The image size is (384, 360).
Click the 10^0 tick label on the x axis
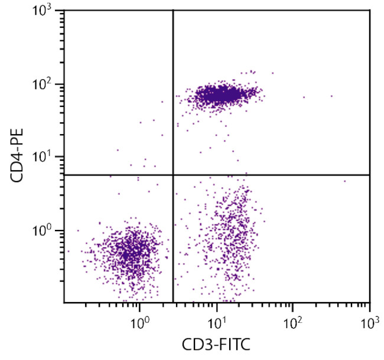[139, 323]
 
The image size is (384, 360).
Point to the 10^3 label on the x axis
[369, 323]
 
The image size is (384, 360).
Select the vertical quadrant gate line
[173, 89]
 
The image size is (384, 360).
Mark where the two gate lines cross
[173, 175]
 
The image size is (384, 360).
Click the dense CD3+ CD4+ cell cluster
[220, 94]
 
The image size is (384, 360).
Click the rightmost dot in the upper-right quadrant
[331, 96]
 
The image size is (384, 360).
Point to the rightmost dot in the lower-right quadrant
[345, 181]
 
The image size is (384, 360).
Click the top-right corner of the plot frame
[369, 10]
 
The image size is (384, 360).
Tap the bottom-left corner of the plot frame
[64, 303]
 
